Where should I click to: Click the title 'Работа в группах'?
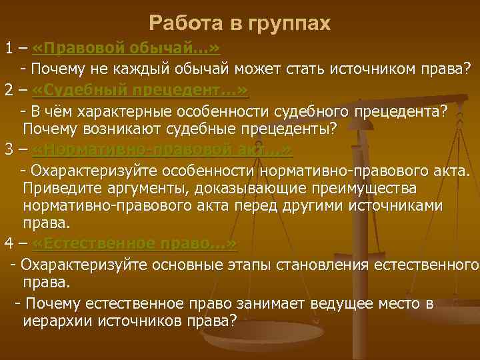240,23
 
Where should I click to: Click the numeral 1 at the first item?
9,49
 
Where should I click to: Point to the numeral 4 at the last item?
9,243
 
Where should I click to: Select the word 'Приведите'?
61,186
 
